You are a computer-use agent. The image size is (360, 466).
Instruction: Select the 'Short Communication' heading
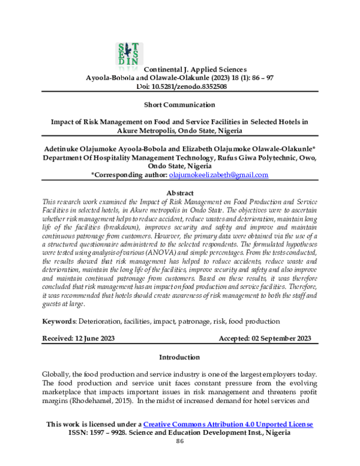(x=179, y=104)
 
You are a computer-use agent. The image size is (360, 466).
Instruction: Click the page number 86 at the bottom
(x=179, y=441)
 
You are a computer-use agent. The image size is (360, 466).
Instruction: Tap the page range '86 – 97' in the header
(x=258, y=78)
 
